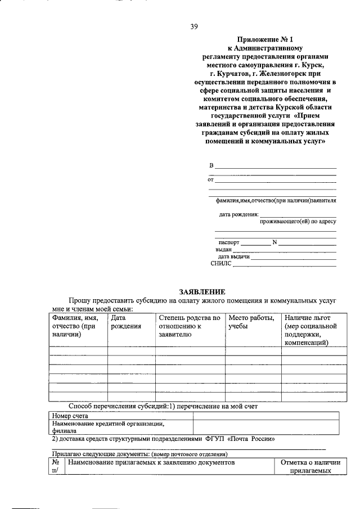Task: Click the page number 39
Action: (194, 26)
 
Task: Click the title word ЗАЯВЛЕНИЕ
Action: (202, 292)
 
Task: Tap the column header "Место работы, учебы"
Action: (251, 322)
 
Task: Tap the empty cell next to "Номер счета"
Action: (266, 416)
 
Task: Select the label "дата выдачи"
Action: (233, 256)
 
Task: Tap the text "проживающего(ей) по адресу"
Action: (298, 222)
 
